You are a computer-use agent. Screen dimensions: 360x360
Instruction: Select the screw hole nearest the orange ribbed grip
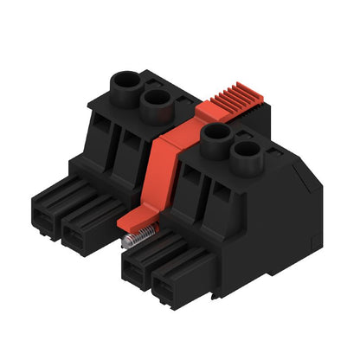coord(214,134)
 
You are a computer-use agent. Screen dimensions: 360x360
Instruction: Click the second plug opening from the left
coord(78,228)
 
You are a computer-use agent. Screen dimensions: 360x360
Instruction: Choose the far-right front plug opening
coord(172,288)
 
